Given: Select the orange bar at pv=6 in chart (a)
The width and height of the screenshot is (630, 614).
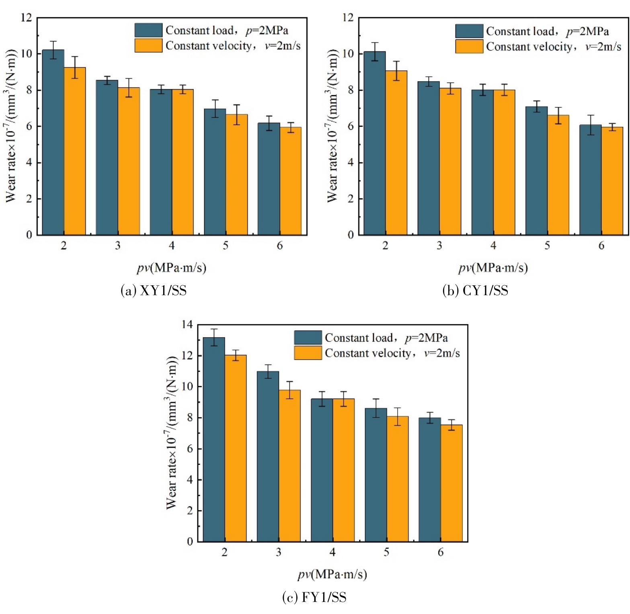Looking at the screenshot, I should click(290, 181).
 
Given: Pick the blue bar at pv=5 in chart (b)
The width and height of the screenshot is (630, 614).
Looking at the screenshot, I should click(536, 171).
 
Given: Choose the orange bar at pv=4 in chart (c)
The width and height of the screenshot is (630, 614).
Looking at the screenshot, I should click(343, 470).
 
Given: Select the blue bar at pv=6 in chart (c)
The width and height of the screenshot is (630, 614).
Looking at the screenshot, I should click(430, 480).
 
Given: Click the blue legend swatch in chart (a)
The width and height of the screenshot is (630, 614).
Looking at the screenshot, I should click(148, 30).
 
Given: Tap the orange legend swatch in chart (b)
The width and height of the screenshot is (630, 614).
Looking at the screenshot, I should click(469, 46).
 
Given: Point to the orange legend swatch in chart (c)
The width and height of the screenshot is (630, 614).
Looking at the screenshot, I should click(308, 353).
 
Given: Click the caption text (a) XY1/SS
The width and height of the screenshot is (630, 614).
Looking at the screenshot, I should click(154, 290).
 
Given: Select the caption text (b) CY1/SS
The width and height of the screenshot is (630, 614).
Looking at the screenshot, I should click(475, 290).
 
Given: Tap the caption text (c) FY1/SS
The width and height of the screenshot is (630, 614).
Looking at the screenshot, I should click(314, 597).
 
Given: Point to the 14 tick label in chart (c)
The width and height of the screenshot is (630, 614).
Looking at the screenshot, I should click(187, 324).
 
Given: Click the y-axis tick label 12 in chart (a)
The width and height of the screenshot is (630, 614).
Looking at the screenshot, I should click(27, 18).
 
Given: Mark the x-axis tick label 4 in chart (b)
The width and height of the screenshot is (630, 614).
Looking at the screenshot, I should click(493, 246).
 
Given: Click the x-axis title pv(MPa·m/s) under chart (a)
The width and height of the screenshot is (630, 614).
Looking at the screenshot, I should click(172, 268).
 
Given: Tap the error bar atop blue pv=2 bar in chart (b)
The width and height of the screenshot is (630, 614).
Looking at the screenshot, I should click(375, 51).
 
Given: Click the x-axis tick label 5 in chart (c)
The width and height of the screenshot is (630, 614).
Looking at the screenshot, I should click(386, 552).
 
